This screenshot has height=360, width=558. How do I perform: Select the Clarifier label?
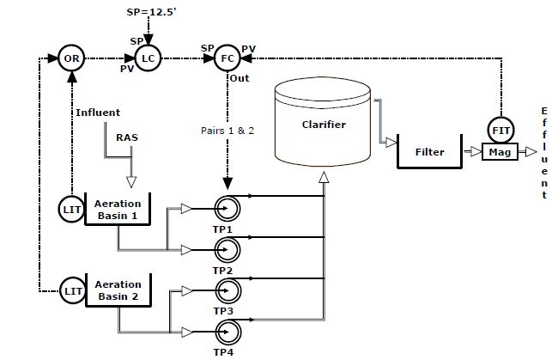(x=324, y=125)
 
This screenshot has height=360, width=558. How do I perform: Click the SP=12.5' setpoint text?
(x=152, y=12)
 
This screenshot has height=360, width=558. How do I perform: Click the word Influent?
(x=98, y=113)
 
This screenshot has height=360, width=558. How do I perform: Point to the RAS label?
(x=127, y=137)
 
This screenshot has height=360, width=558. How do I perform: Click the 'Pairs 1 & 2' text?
(x=227, y=131)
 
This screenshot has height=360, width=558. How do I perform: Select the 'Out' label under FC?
(x=240, y=78)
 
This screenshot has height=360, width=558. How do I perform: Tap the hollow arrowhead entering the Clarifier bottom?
(x=324, y=177)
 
